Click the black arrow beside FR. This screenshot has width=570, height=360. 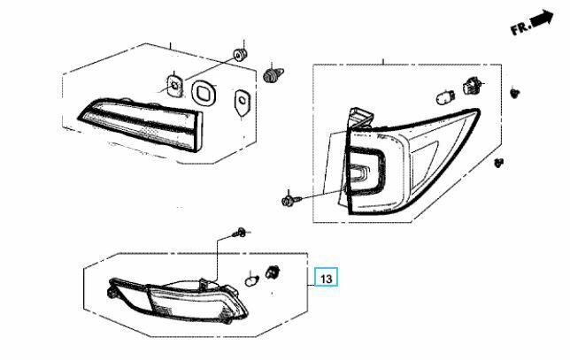(542, 18)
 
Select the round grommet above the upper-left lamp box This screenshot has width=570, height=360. (240, 55)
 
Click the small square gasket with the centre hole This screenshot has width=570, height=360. (175, 86)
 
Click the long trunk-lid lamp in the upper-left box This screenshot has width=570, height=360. (141, 124)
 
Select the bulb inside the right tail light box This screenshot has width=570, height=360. (445, 97)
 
